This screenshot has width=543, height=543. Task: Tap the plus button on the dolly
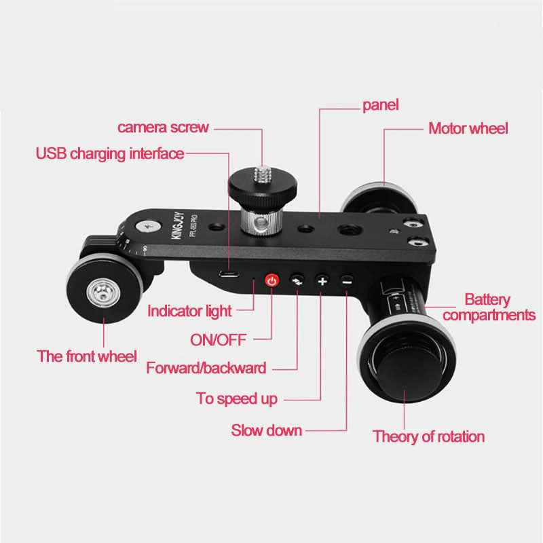tap(322, 280)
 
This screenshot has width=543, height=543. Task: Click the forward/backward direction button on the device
tap(297, 280)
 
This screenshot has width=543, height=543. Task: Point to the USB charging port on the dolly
tap(229, 275)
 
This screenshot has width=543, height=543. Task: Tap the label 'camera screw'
tap(164, 128)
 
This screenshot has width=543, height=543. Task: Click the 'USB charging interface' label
tap(110, 154)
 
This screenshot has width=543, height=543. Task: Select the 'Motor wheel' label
tap(468, 128)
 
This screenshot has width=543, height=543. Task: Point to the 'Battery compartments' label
tap(489, 307)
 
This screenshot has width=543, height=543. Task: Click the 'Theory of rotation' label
tap(429, 436)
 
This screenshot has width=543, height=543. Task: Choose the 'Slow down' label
tap(266, 430)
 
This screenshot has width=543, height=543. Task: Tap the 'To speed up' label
tap(237, 399)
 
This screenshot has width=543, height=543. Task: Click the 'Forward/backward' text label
tap(206, 369)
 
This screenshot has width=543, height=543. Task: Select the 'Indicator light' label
tap(190, 312)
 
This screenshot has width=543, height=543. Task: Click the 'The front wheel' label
tap(87, 356)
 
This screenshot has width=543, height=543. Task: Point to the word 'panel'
tap(380, 105)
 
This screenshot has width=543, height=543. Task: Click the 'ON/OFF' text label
tap(219, 339)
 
